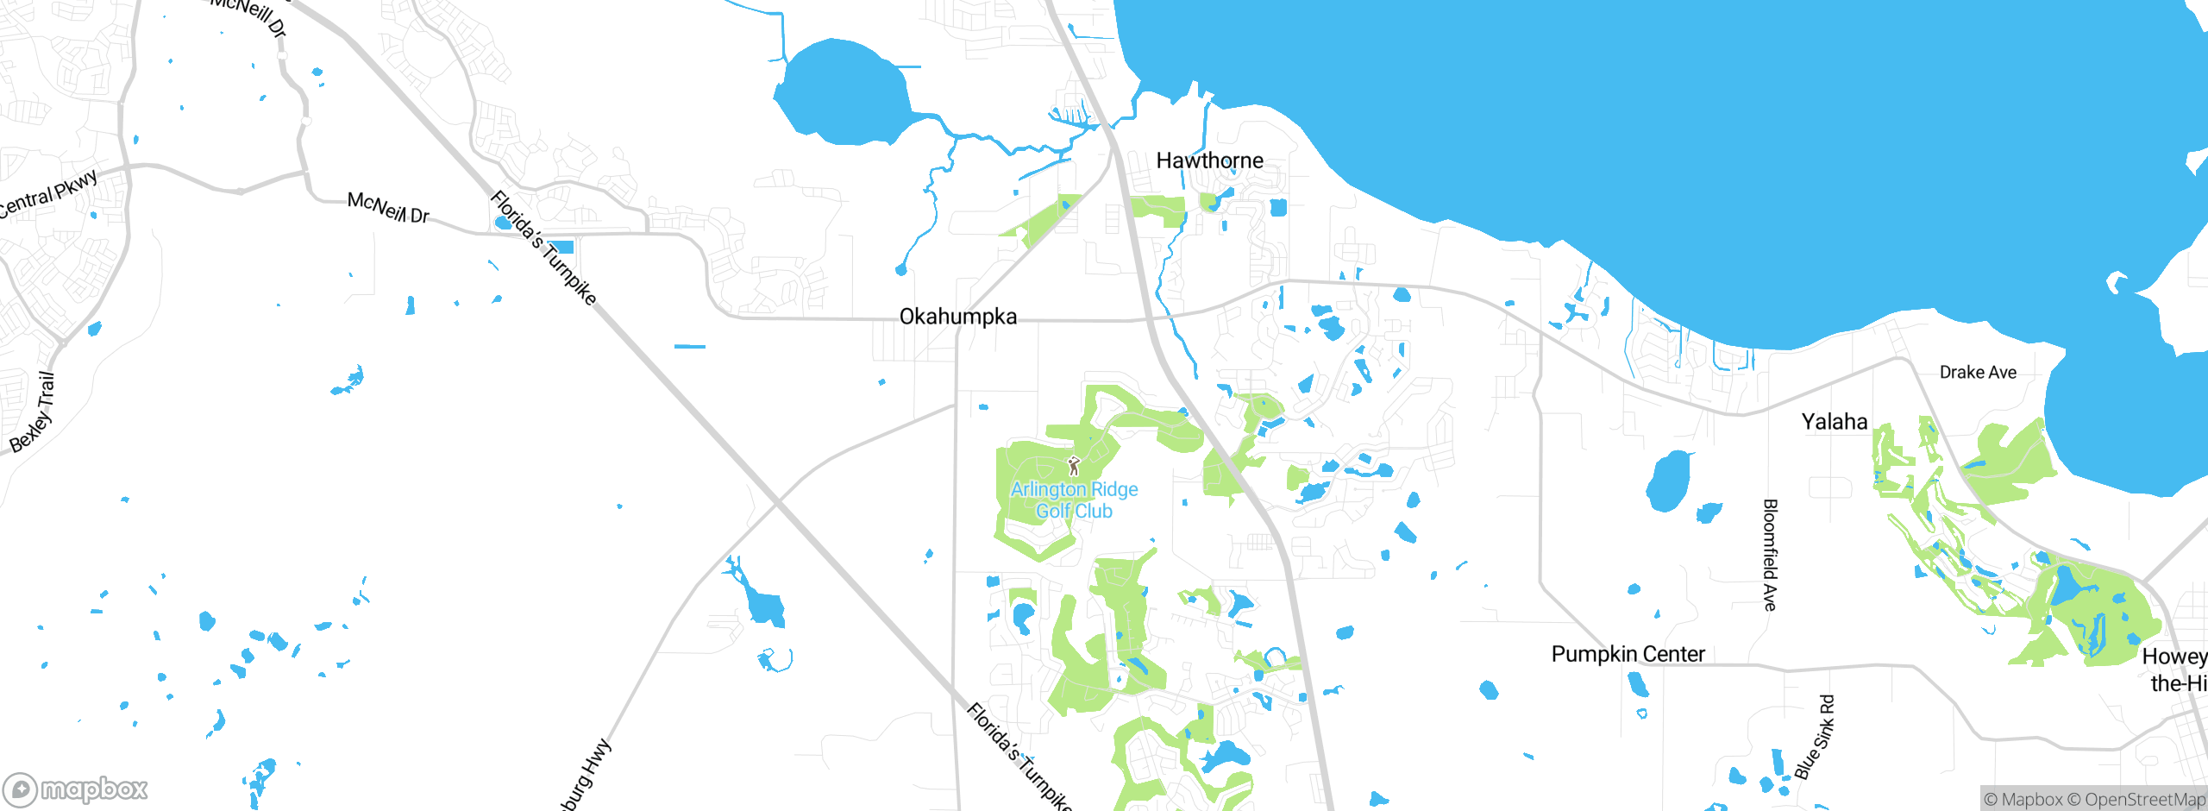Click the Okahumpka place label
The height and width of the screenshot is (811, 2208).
[957, 317]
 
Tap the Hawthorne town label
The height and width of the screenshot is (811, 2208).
[1209, 160]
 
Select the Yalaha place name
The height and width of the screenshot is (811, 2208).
[1835, 422]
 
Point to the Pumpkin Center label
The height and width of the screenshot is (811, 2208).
[1628, 654]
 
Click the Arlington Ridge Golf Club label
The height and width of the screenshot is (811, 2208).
[1074, 500]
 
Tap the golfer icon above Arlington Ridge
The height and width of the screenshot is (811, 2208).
[1074, 467]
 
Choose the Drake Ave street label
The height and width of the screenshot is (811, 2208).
[1978, 373]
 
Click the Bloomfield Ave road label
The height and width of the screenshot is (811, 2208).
[1770, 555]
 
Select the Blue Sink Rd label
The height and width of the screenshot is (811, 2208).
[1815, 738]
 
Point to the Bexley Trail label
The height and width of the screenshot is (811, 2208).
[33, 412]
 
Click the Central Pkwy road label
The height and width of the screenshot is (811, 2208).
[47, 195]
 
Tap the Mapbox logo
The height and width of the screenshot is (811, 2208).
[76, 789]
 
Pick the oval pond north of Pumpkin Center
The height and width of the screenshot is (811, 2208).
[1668, 481]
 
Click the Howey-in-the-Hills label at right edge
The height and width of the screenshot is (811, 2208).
[2176, 670]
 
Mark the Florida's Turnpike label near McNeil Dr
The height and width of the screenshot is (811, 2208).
[543, 248]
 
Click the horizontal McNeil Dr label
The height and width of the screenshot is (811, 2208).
[388, 207]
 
